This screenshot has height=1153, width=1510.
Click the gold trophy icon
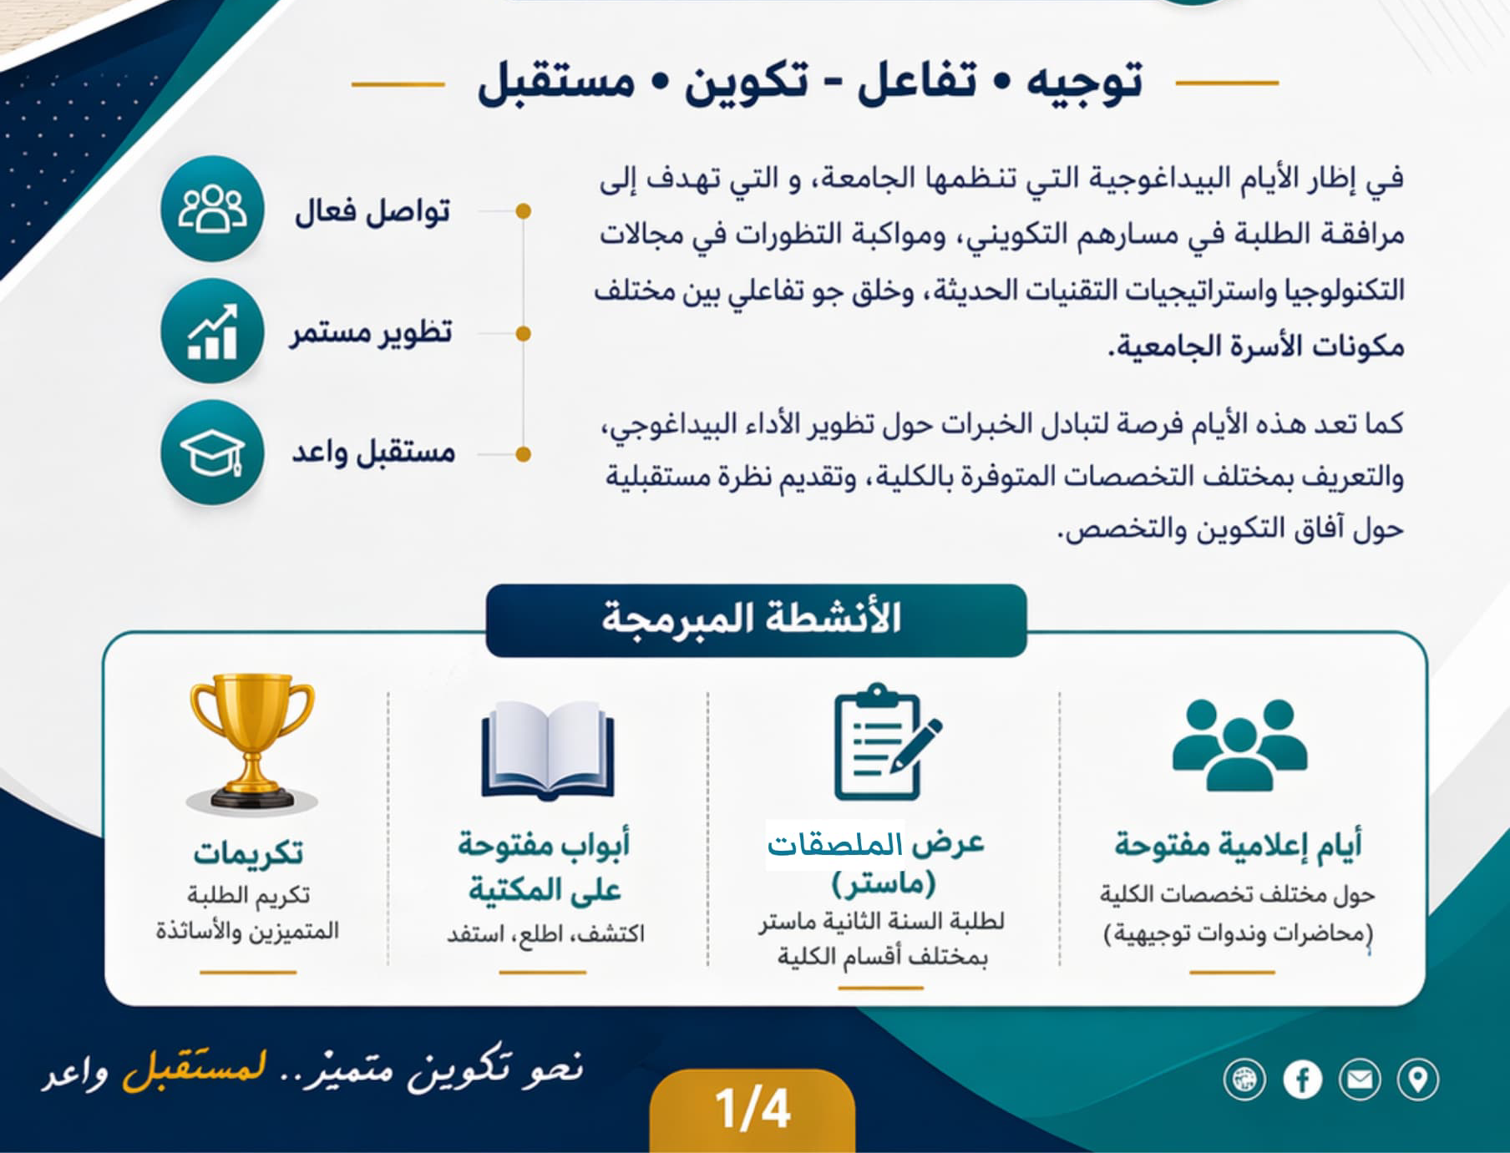click(x=251, y=741)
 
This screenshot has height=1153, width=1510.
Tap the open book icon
click(x=548, y=751)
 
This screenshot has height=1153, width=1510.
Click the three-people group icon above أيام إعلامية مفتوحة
click(x=1239, y=745)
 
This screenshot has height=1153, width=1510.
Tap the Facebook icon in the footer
click(x=1302, y=1080)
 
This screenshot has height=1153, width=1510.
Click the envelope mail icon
click(x=1360, y=1080)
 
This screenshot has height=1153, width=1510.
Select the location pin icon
click(x=1417, y=1080)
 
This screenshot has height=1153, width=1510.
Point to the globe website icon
click(x=1244, y=1080)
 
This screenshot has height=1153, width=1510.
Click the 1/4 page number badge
click(x=752, y=1110)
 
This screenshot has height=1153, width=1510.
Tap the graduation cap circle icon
click(x=212, y=453)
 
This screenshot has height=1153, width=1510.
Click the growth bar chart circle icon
click(x=212, y=331)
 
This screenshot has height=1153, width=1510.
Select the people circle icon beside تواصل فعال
click(x=212, y=209)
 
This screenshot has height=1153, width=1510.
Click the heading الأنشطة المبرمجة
click(x=752, y=619)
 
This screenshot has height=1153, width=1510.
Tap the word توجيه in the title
click(x=1084, y=83)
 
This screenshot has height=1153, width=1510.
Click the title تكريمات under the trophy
click(x=248, y=852)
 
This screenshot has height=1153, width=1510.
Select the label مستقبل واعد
click(x=373, y=452)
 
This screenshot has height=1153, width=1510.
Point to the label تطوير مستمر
click(x=372, y=332)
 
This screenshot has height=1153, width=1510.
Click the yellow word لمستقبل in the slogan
click(x=195, y=1068)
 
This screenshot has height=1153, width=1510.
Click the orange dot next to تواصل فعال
click(x=524, y=210)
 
